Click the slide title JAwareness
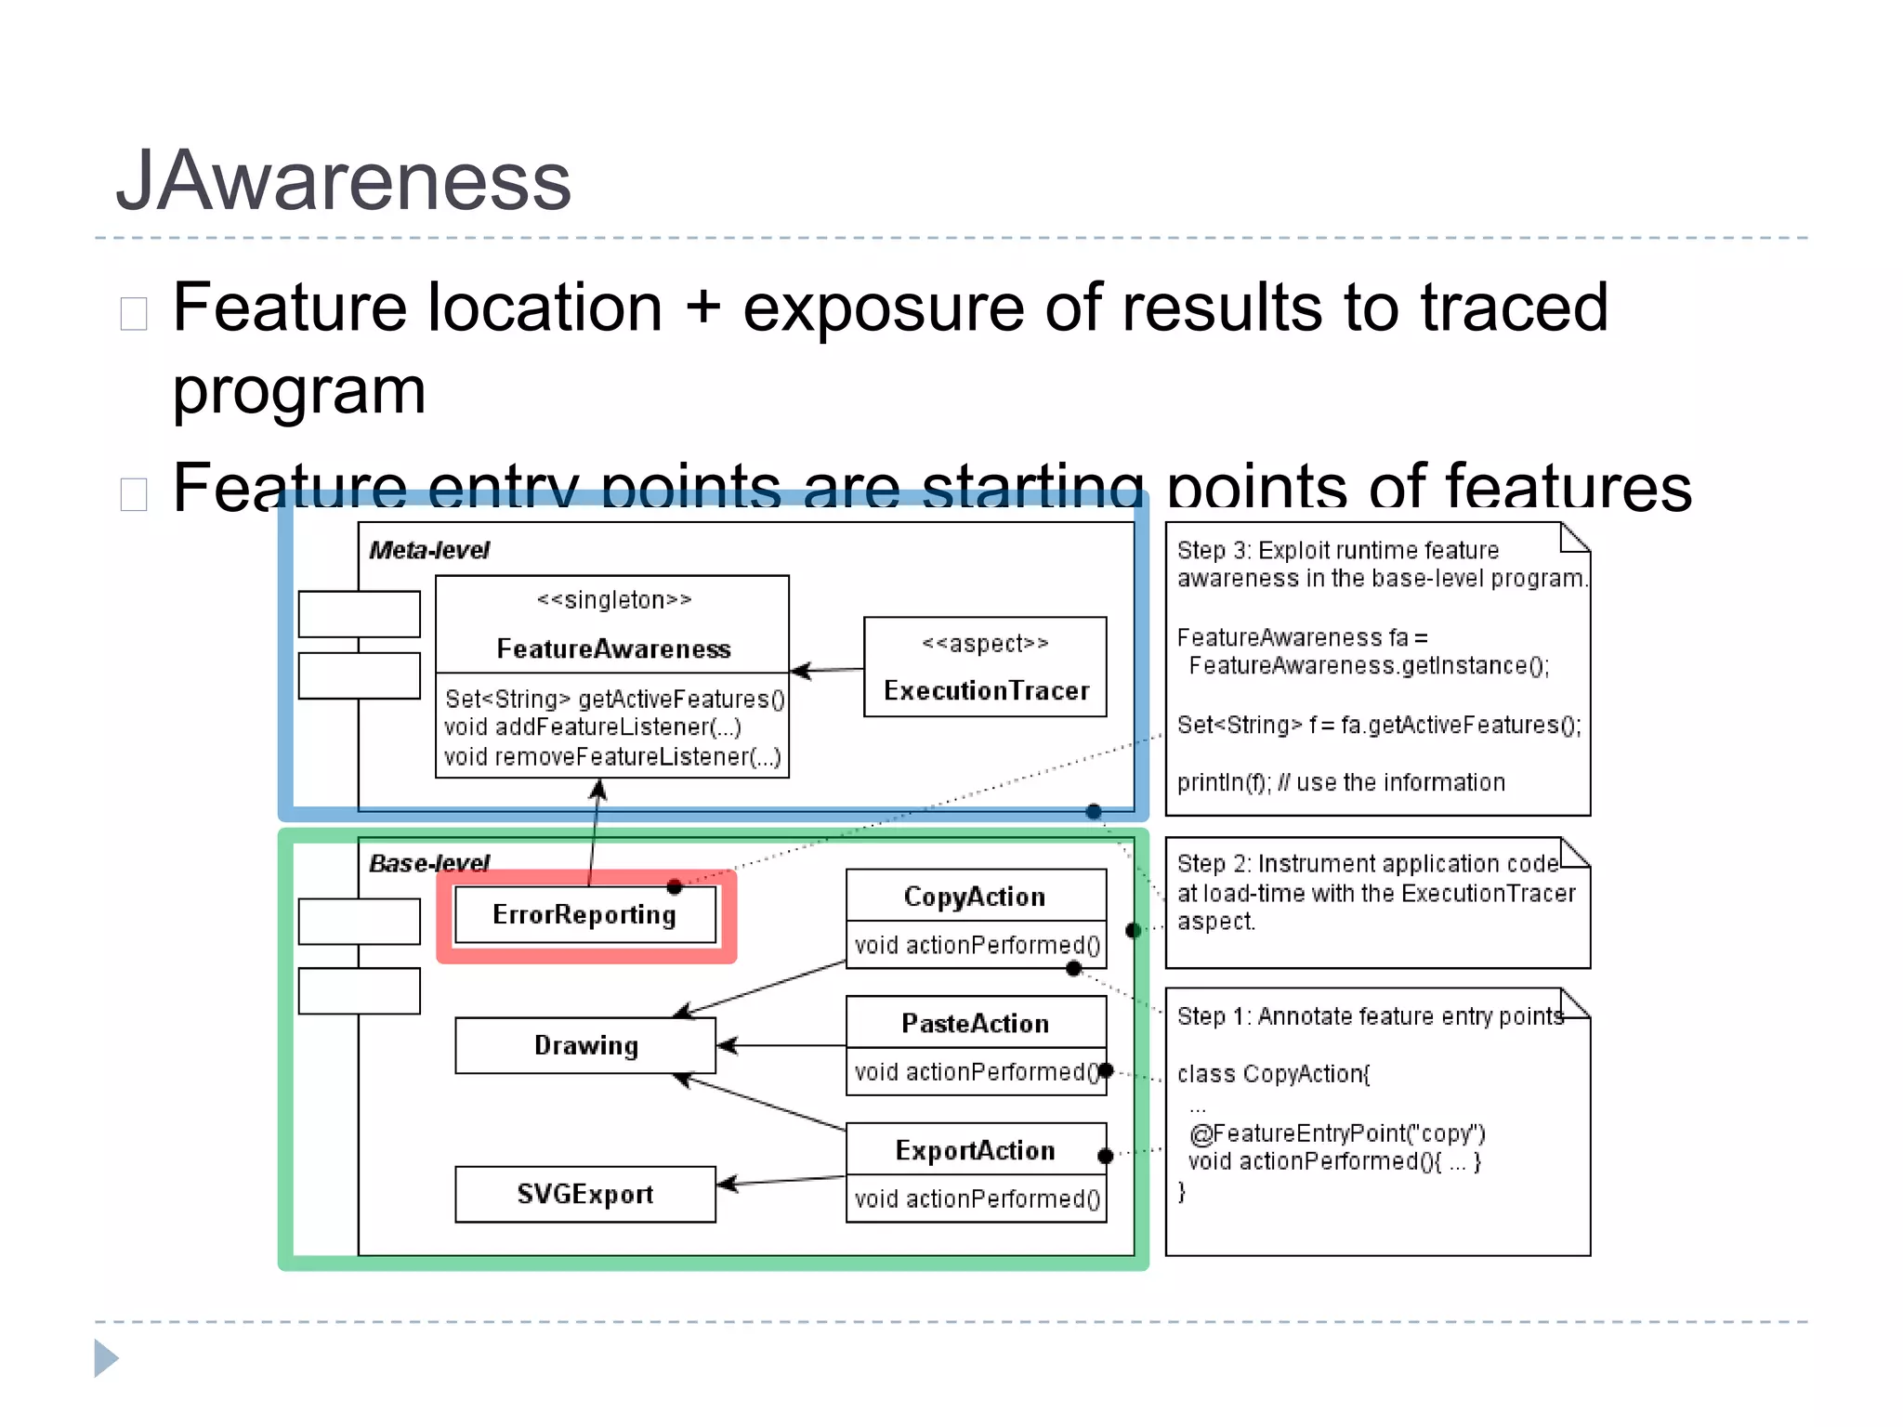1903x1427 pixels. tap(343, 180)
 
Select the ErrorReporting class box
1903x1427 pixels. tap(585, 915)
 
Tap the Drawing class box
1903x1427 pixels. tap(585, 1046)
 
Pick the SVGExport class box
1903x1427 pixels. tap(585, 1195)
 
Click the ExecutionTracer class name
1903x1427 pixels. tap(986, 691)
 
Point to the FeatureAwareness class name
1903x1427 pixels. tap(613, 648)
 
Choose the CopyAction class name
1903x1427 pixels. tap(975, 897)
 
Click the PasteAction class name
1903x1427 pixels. tap(975, 1024)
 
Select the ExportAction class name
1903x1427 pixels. tap(975, 1151)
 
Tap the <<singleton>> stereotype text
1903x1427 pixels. tap(613, 600)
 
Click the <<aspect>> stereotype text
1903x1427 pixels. tap(985, 643)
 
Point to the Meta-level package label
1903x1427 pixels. tap(428, 550)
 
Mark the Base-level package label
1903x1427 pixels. tap(428, 863)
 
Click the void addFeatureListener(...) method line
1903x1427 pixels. tap(592, 727)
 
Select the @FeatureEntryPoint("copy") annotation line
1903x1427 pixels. tap(1337, 1133)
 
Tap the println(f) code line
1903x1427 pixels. tap(1340, 782)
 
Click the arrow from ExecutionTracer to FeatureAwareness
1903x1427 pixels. tap(827, 670)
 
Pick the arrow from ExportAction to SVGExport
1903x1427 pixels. tap(781, 1181)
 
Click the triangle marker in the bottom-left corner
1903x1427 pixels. tap(106, 1358)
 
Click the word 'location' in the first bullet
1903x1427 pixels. tap(545, 308)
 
